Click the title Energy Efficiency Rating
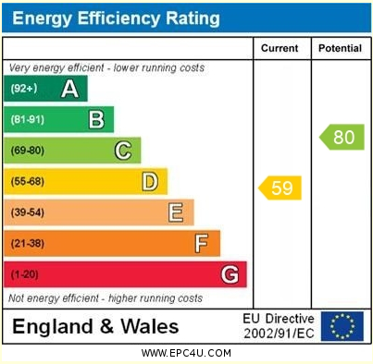pyautogui.click(x=116, y=18)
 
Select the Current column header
pyautogui.click(x=280, y=48)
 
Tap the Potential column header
pyautogui.click(x=340, y=48)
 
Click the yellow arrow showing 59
pyautogui.click(x=280, y=188)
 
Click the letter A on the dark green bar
pyautogui.click(x=68, y=89)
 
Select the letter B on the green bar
pyautogui.click(x=95, y=119)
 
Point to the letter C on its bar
pyautogui.click(x=122, y=151)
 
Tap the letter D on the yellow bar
pyautogui.click(x=149, y=181)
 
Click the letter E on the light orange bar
pyautogui.click(x=175, y=212)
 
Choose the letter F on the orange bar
pyautogui.click(x=201, y=244)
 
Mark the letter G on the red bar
pyautogui.click(x=230, y=274)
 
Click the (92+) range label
pyautogui.click(x=24, y=89)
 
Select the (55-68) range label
pyautogui.click(x=28, y=181)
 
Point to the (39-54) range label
pyautogui.click(x=28, y=212)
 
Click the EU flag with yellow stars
pyautogui.click(x=342, y=326)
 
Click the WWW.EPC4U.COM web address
pyautogui.click(x=186, y=353)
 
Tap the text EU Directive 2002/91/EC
pyautogui.click(x=278, y=326)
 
